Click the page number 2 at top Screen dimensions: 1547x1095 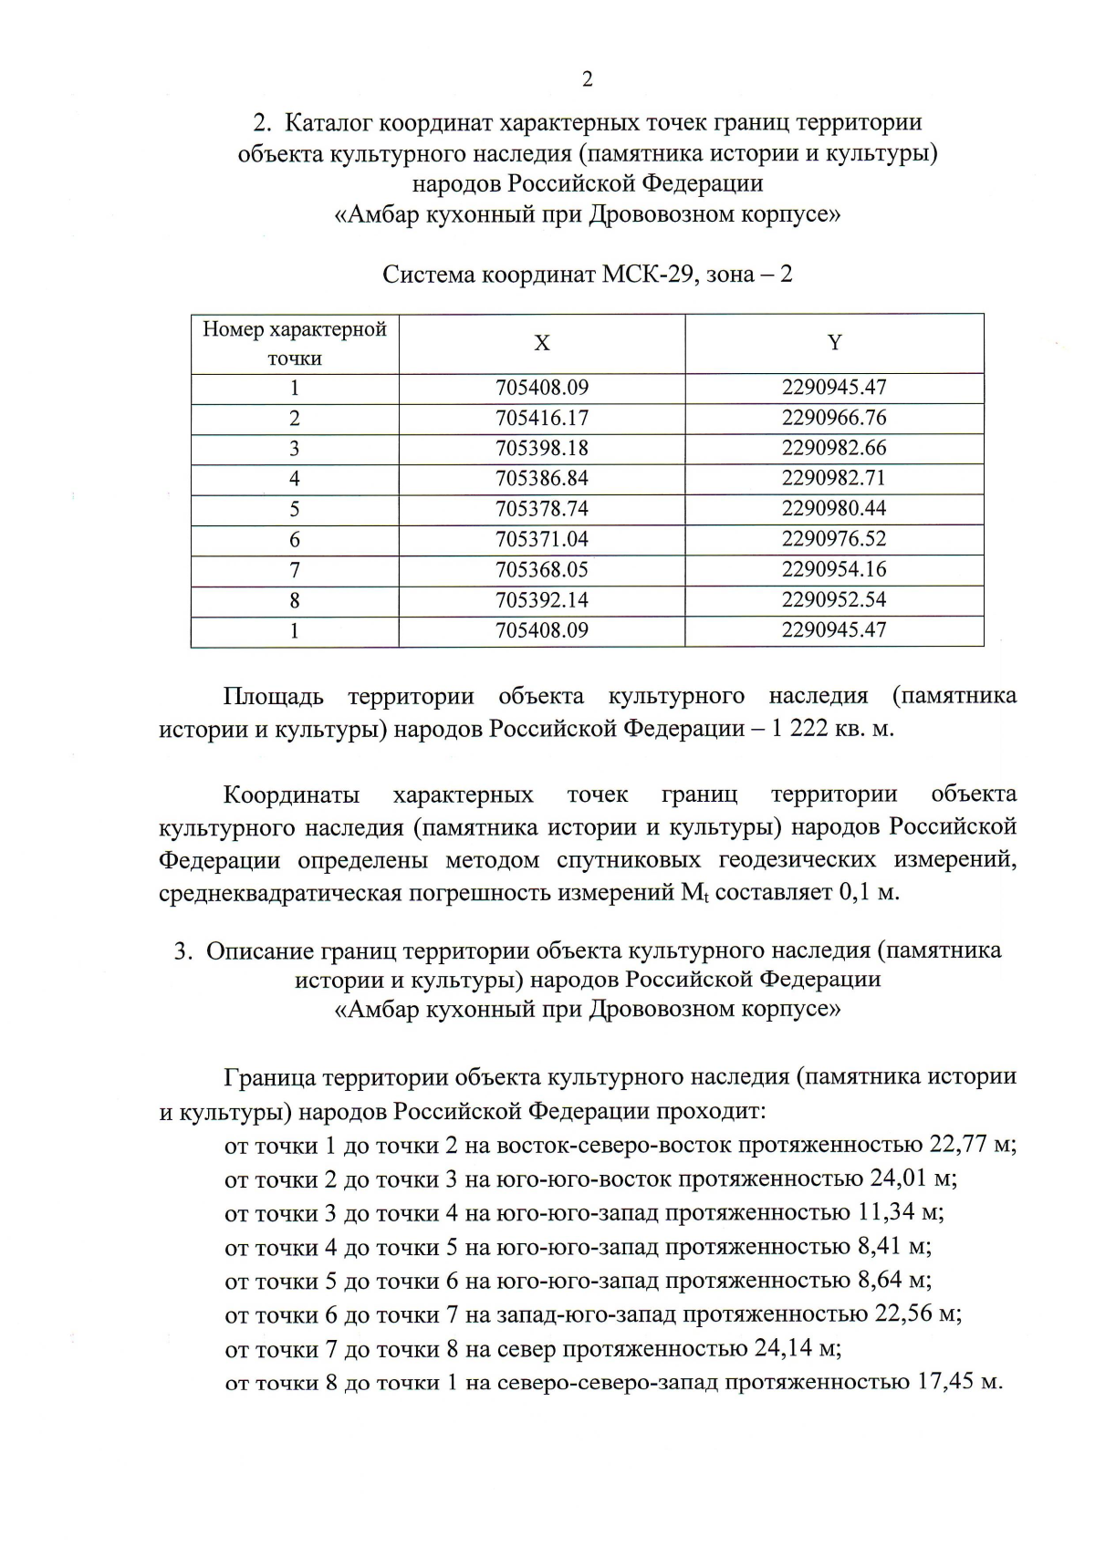click(x=587, y=79)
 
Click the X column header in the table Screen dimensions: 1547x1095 click(x=542, y=343)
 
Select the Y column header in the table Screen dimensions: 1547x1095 click(x=834, y=343)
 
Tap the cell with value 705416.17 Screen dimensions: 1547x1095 click(x=542, y=418)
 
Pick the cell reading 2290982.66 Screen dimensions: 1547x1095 click(x=834, y=448)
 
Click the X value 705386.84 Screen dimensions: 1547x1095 click(x=542, y=478)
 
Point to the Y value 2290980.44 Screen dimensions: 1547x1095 click(x=834, y=508)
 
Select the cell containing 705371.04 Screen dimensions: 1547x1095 click(x=542, y=539)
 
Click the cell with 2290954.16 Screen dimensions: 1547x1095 click(x=834, y=569)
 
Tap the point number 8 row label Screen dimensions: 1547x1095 click(x=295, y=600)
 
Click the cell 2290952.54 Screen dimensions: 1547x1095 click(x=834, y=599)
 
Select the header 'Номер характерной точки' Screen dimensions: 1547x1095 click(x=295, y=343)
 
